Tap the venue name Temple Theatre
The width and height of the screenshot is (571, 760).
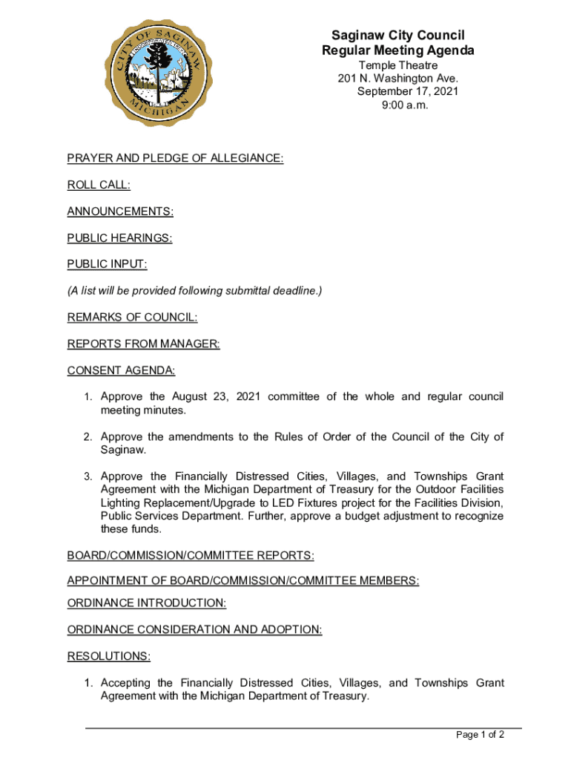pyautogui.click(x=398, y=65)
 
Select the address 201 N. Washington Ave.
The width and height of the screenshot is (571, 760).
pyautogui.click(x=398, y=79)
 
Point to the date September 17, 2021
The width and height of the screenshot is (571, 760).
pyautogui.click(x=407, y=92)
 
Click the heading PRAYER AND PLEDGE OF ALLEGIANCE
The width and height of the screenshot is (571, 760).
pyautogui.click(x=175, y=158)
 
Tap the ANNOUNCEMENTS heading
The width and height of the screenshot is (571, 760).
pyautogui.click(x=120, y=212)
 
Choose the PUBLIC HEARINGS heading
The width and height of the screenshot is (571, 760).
pyautogui.click(x=119, y=238)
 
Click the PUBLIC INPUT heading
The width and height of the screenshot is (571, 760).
pyautogui.click(x=107, y=264)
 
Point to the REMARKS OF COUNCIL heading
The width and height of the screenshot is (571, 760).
pyautogui.click(x=132, y=318)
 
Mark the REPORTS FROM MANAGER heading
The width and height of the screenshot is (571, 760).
pyautogui.click(x=143, y=344)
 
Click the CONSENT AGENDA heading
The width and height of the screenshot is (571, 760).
pyautogui.click(x=121, y=370)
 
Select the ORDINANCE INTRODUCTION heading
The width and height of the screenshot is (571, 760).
pyautogui.click(x=147, y=603)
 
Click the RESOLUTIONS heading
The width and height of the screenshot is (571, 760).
pyautogui.click(x=108, y=656)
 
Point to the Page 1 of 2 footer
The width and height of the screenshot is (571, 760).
pyautogui.click(x=481, y=735)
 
